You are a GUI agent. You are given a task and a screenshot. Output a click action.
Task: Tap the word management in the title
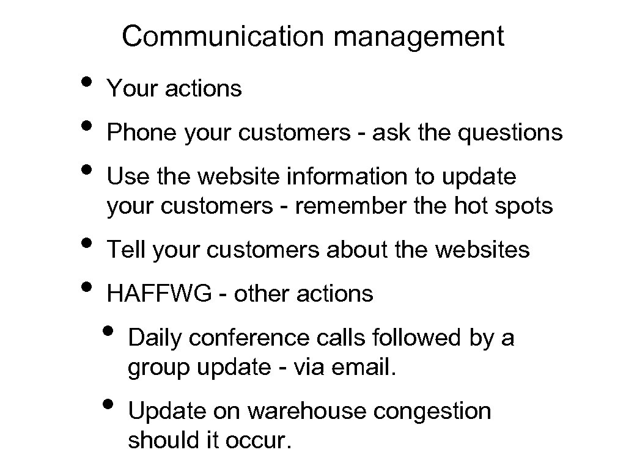point(419,37)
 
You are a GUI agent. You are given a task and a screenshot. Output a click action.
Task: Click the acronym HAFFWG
point(160,294)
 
